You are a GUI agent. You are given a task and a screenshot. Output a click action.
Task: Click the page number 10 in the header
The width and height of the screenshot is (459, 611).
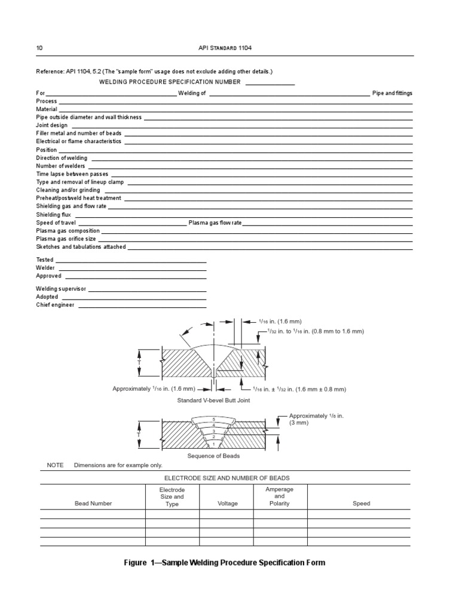(x=39, y=48)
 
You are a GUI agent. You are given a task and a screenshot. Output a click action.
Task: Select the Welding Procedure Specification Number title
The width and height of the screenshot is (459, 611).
(x=170, y=82)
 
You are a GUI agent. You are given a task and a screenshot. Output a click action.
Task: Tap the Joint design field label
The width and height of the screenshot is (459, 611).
(x=52, y=125)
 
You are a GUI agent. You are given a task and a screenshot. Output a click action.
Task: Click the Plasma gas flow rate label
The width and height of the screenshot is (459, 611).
(x=215, y=223)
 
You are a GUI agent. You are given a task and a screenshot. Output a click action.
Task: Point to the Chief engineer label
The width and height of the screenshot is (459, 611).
(x=56, y=305)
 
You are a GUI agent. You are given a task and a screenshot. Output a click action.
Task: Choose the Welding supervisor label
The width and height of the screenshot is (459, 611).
(x=61, y=289)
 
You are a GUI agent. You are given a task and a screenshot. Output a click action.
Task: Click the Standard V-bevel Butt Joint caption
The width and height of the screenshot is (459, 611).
(x=213, y=400)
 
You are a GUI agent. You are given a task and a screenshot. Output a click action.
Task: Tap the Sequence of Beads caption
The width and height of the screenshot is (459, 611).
(x=213, y=456)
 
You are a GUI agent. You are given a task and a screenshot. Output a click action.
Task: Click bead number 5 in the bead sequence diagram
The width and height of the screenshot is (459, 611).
(x=213, y=420)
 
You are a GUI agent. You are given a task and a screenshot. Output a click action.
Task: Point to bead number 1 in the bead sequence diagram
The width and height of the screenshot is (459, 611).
(x=213, y=445)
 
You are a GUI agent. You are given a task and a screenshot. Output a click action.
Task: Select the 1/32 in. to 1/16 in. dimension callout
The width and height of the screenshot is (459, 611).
(x=311, y=331)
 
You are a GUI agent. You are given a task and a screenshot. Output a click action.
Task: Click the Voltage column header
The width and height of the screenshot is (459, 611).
(x=227, y=504)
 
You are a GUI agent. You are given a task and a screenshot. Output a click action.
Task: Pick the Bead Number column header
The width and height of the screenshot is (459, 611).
(x=93, y=504)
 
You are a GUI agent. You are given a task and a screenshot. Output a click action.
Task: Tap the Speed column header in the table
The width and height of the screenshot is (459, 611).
(x=361, y=504)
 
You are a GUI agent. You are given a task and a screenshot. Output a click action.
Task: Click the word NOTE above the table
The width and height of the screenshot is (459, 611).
(x=54, y=465)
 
